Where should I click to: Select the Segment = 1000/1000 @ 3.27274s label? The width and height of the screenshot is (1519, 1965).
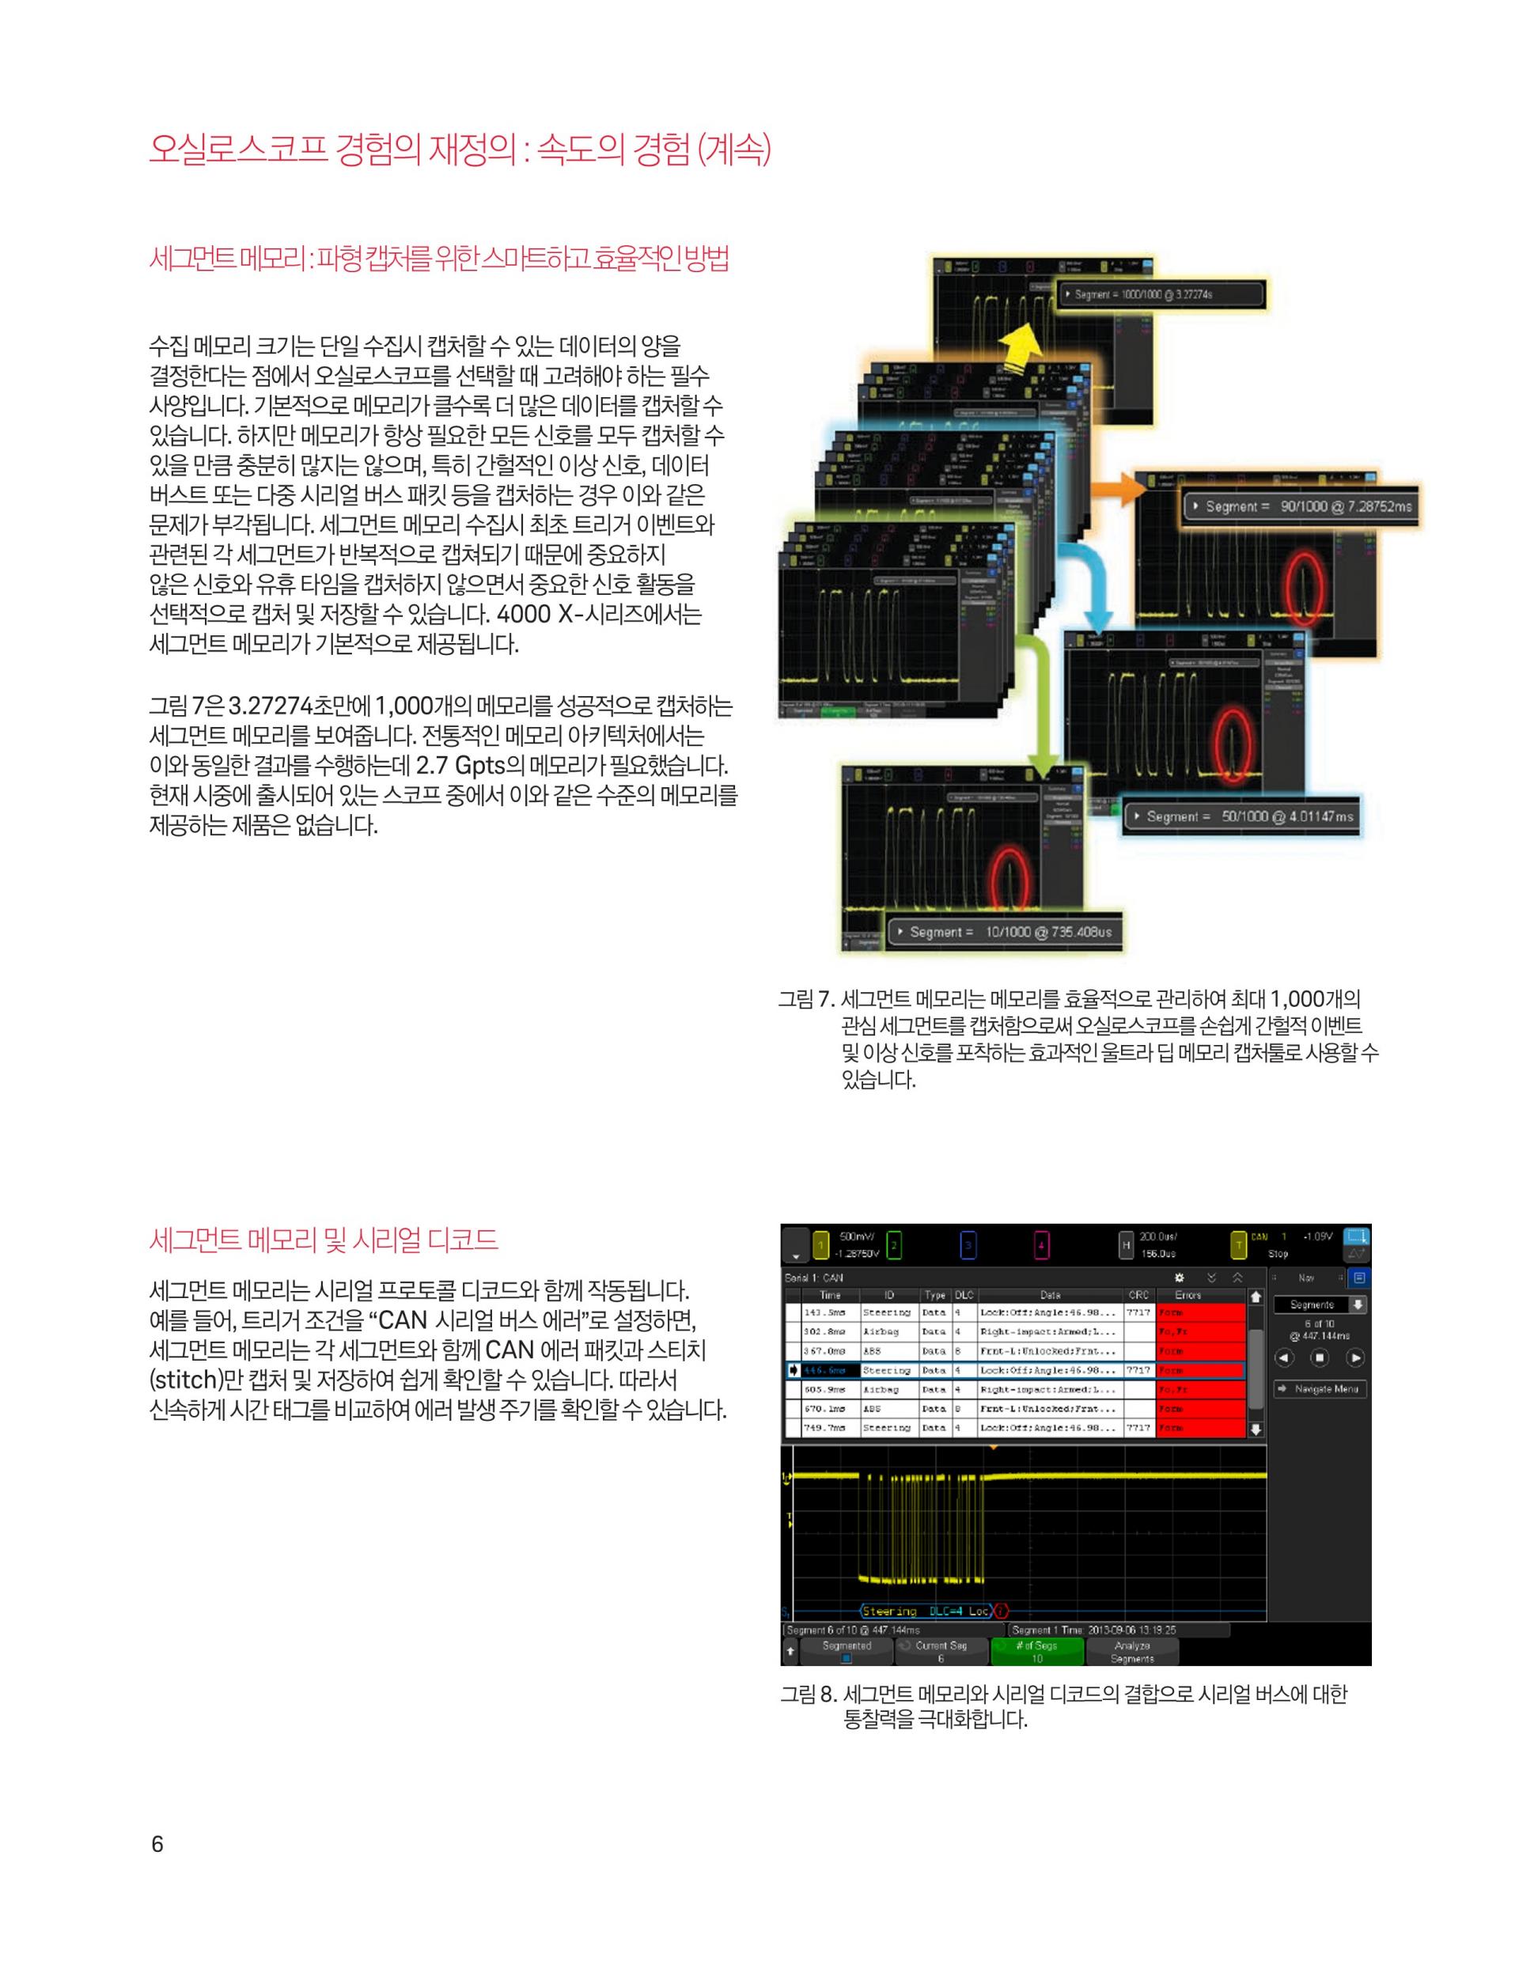pos(1161,294)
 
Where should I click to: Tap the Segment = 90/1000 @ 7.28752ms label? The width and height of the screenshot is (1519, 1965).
pos(1301,506)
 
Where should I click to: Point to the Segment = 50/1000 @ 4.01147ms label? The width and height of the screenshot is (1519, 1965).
pos(1242,817)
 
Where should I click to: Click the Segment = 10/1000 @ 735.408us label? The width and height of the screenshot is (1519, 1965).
pos(1004,932)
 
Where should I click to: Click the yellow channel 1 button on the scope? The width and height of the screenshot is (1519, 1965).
pos(820,1245)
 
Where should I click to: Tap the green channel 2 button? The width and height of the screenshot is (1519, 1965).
pos(893,1245)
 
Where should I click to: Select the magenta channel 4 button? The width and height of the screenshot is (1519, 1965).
pos(1040,1245)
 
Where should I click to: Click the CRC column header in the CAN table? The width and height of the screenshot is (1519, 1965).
pos(1138,1296)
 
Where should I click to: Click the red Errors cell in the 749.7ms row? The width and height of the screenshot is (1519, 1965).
pos(1199,1428)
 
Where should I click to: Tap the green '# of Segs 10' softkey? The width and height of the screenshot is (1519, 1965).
pos(1036,1651)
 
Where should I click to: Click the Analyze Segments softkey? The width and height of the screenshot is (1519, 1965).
pos(1132,1651)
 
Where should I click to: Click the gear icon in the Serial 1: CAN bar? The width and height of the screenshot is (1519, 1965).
pos(1180,1278)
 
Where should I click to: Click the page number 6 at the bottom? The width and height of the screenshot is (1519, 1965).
pos(157,1845)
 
